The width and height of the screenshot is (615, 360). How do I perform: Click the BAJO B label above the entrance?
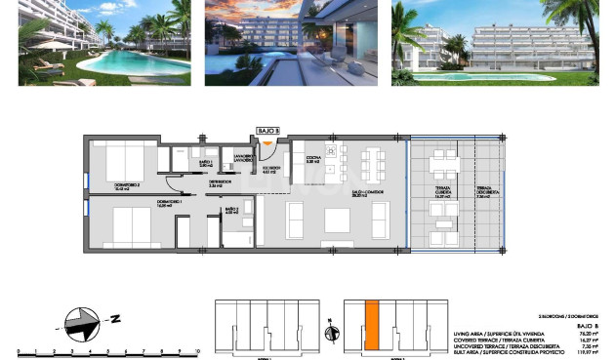[268, 129]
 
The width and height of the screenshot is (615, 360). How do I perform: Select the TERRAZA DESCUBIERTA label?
[482, 192]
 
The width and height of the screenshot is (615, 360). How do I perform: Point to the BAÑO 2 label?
[231, 210]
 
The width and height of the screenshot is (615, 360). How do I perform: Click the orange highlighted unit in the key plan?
[371, 324]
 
